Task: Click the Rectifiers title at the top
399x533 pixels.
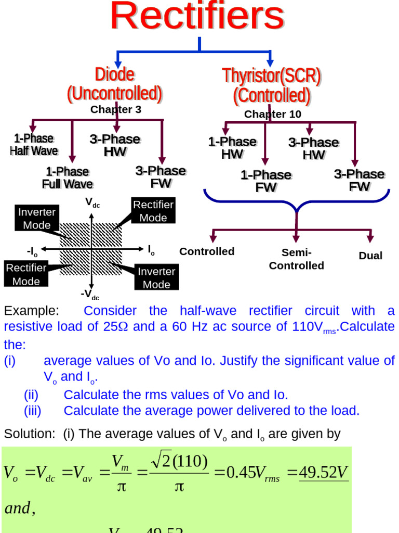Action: point(197,17)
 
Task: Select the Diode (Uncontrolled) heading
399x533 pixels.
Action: point(115,84)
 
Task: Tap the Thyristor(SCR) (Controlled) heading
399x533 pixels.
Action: point(272,86)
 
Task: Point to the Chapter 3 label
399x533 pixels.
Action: point(116,109)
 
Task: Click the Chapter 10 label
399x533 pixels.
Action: point(272,114)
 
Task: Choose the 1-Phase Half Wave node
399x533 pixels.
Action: point(34,145)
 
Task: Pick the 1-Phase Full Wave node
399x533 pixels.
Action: point(68,177)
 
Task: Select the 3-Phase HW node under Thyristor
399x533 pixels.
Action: point(313,148)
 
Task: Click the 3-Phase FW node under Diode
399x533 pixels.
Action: point(161,177)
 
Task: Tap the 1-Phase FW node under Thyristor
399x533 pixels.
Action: point(265,181)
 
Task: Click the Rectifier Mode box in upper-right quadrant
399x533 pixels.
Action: point(153,211)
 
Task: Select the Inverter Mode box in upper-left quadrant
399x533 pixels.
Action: point(37,218)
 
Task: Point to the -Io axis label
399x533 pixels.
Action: point(32,252)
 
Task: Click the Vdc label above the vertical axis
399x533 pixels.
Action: point(92,202)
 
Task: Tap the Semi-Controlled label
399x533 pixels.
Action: point(296,259)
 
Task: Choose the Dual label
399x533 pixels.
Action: point(370,256)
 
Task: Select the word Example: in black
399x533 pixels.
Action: point(32,311)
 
